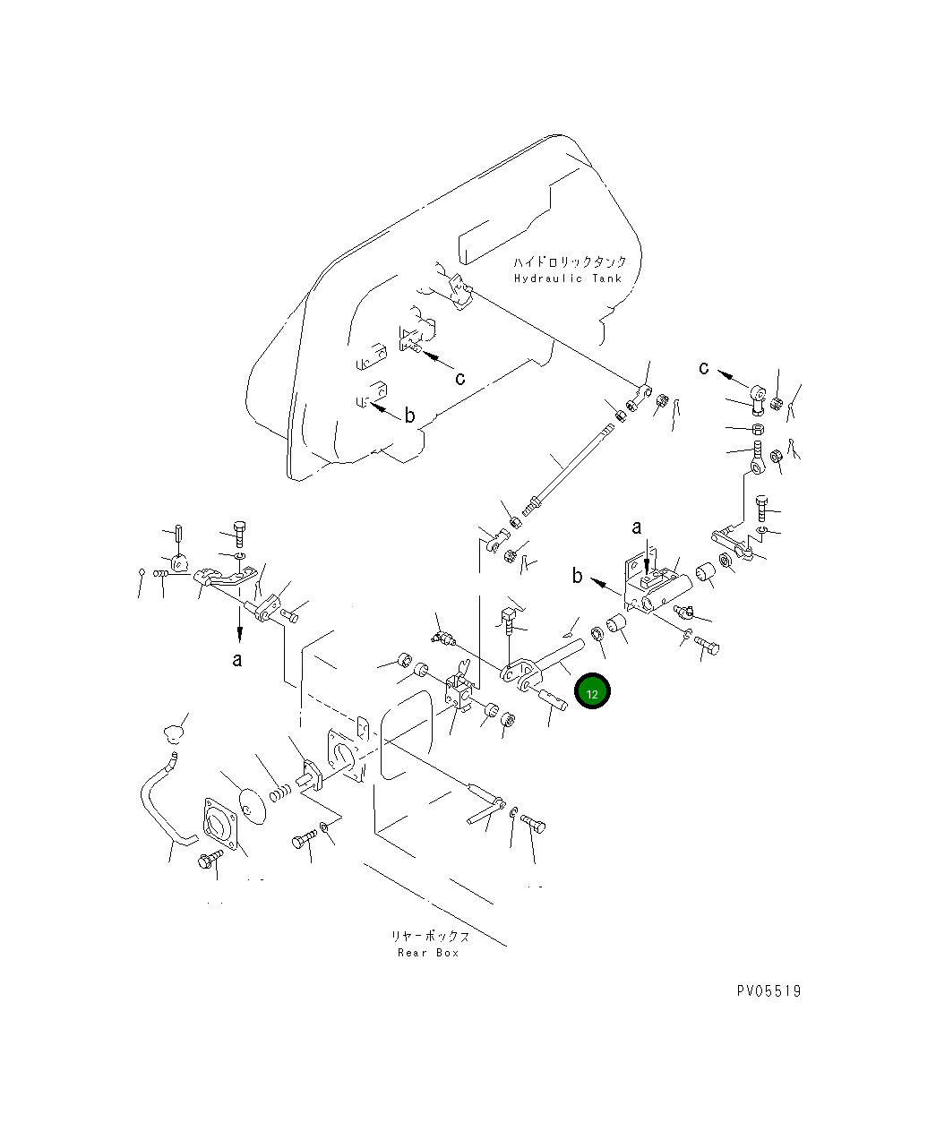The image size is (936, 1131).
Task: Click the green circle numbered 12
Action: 592,690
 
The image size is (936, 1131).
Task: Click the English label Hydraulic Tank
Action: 568,278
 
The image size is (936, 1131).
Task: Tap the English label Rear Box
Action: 428,953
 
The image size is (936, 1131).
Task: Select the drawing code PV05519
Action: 769,991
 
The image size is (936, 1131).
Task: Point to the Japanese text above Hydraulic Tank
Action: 570,261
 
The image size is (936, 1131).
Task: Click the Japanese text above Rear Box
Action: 430,936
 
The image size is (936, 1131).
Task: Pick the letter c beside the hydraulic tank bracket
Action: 459,378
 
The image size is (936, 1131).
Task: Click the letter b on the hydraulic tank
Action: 409,415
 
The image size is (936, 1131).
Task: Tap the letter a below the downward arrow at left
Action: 236,659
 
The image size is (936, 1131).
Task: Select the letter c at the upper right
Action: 703,368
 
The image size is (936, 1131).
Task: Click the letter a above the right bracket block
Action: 637,527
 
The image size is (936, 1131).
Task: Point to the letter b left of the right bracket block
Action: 577,575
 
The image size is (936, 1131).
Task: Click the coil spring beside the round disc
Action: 280,793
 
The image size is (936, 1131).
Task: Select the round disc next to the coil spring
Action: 253,807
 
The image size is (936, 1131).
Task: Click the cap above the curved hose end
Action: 174,733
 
